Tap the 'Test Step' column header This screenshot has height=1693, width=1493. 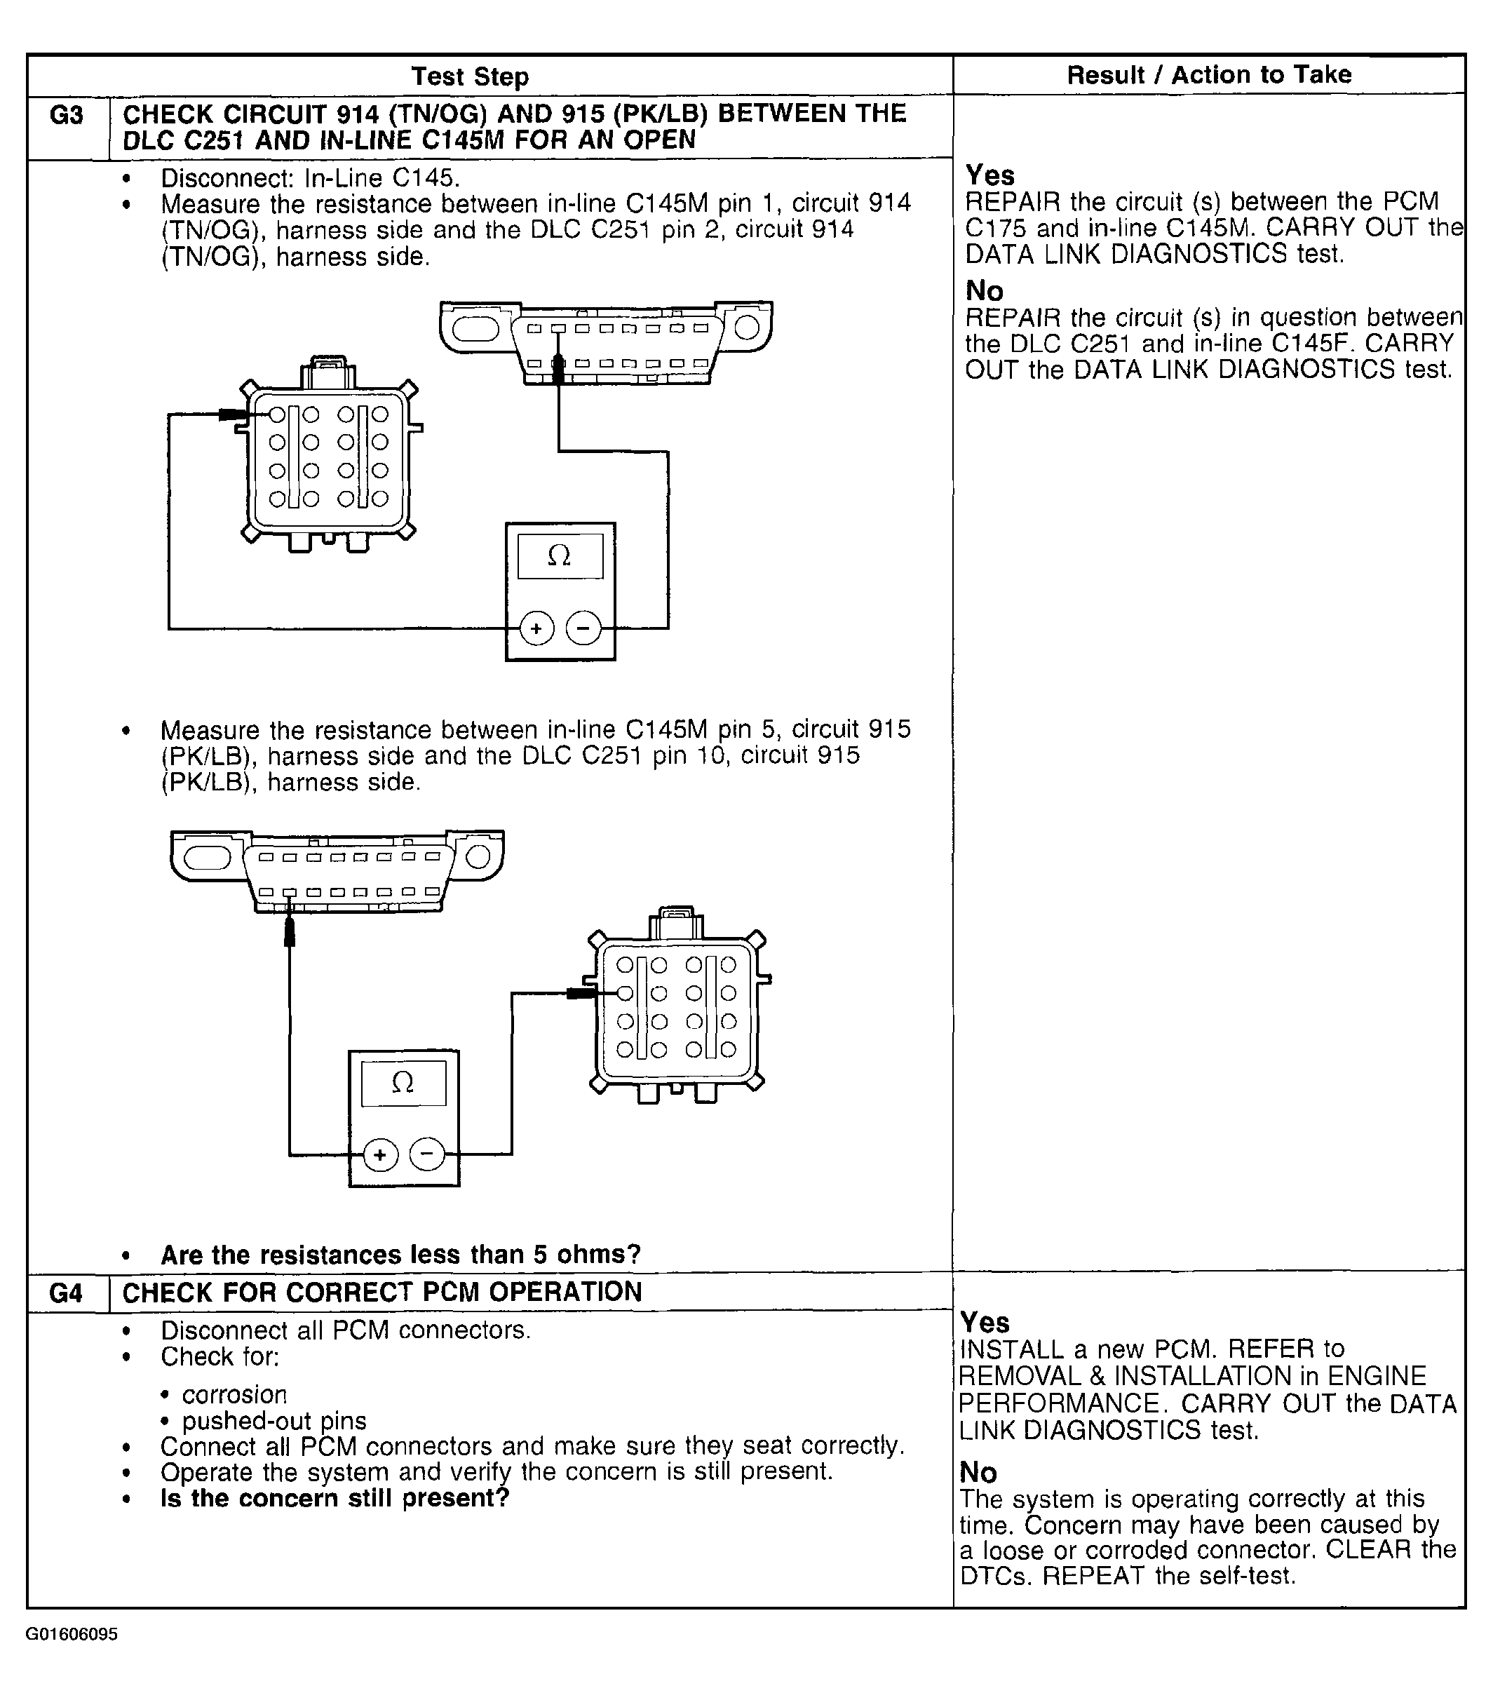(x=470, y=76)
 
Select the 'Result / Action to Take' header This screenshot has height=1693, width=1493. (x=1208, y=74)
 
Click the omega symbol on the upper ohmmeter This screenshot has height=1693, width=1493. (x=560, y=555)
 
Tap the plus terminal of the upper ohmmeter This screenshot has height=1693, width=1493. (x=536, y=628)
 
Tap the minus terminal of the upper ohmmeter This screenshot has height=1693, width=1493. (x=583, y=628)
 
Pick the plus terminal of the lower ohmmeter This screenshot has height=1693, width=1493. (x=380, y=1154)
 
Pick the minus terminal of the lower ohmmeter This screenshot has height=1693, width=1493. (x=427, y=1154)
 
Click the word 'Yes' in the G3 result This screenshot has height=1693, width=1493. (x=989, y=175)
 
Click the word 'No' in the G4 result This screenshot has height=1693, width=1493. (x=978, y=1472)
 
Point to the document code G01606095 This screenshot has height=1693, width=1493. (x=72, y=1634)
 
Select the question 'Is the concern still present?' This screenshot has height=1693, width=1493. (x=335, y=1497)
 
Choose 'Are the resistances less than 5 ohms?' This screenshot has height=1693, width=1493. (x=401, y=1254)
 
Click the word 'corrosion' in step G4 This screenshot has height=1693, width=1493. (x=234, y=1395)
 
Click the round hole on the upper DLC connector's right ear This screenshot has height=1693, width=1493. (x=746, y=328)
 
